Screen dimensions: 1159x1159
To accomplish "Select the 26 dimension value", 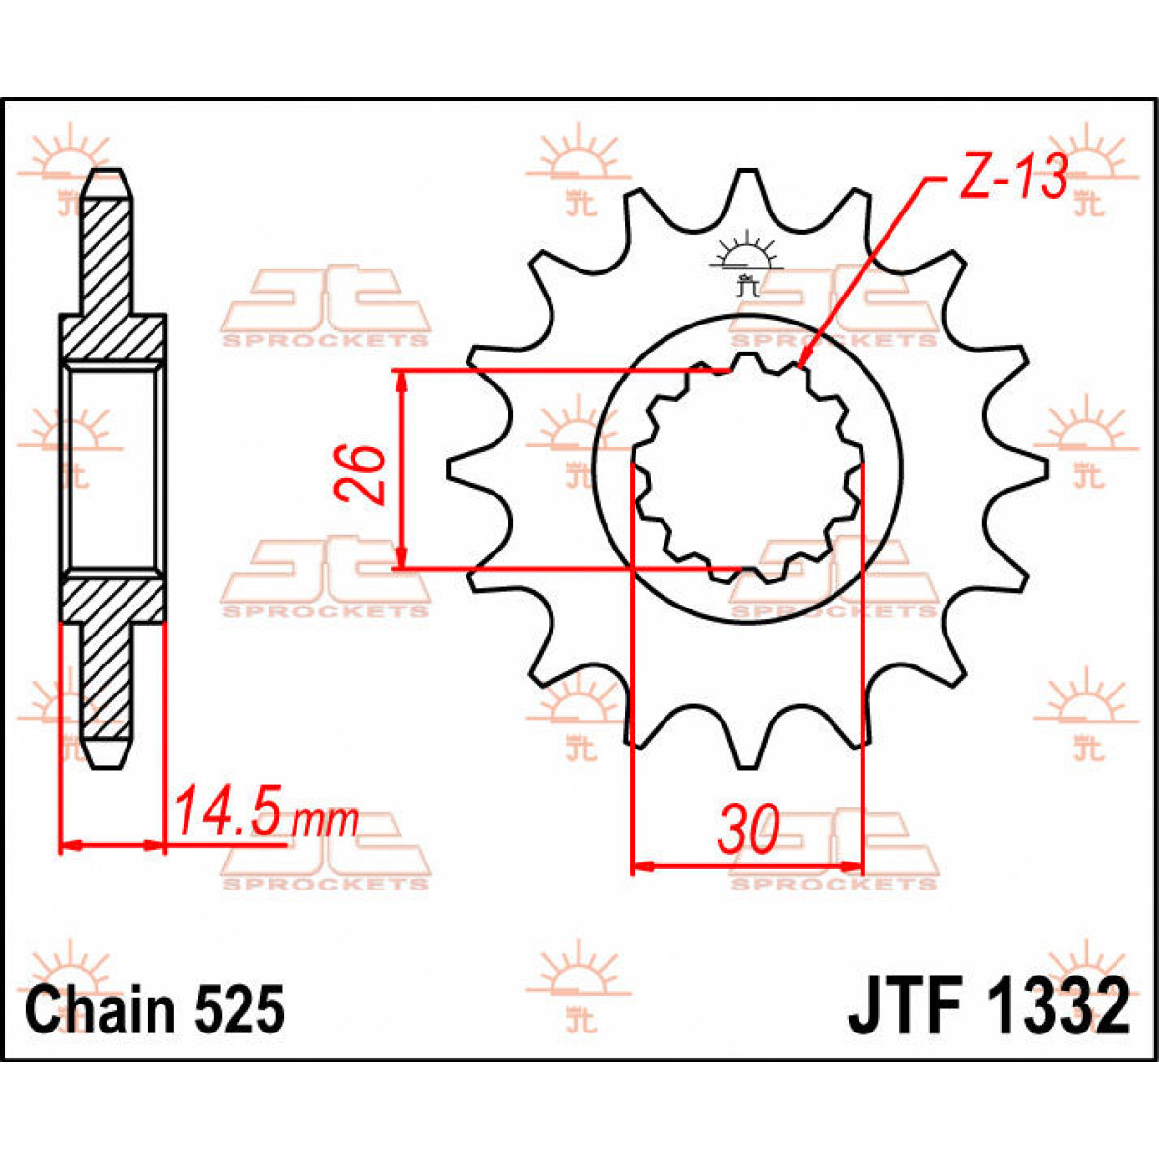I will (360, 474).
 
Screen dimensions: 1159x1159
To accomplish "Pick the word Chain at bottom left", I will (101, 1009).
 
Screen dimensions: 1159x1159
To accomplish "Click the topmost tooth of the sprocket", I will (745, 179).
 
